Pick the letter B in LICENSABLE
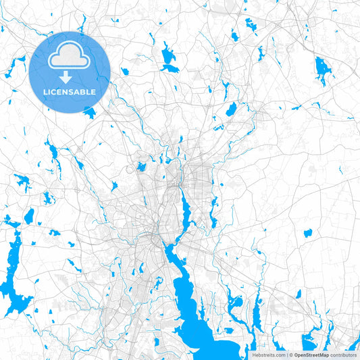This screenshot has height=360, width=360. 85,92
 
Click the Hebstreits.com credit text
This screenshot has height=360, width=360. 268,354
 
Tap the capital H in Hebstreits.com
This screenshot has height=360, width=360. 254,354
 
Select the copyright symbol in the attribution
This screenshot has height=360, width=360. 291,354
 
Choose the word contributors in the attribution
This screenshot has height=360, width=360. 343,354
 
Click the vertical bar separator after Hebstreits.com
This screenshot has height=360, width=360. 286,354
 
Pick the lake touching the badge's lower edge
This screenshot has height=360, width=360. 90,113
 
